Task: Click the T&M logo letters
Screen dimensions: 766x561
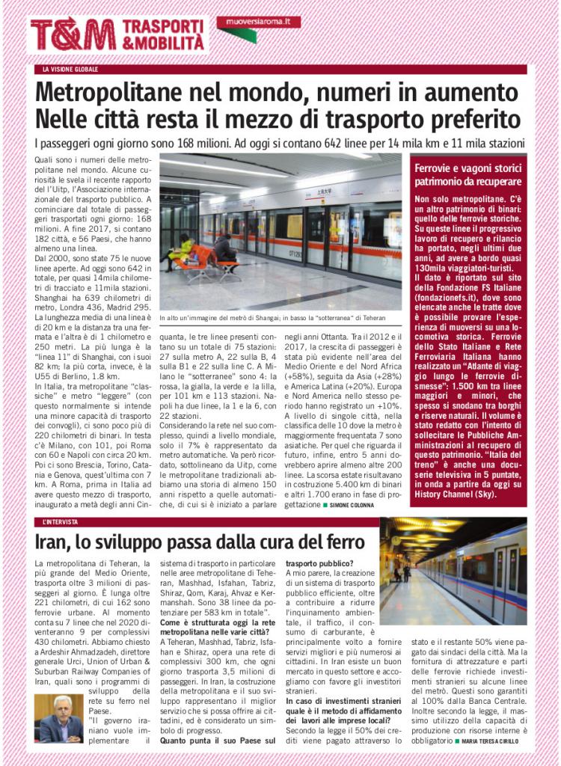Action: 73,35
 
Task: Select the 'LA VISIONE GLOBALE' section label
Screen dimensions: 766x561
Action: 70,70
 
